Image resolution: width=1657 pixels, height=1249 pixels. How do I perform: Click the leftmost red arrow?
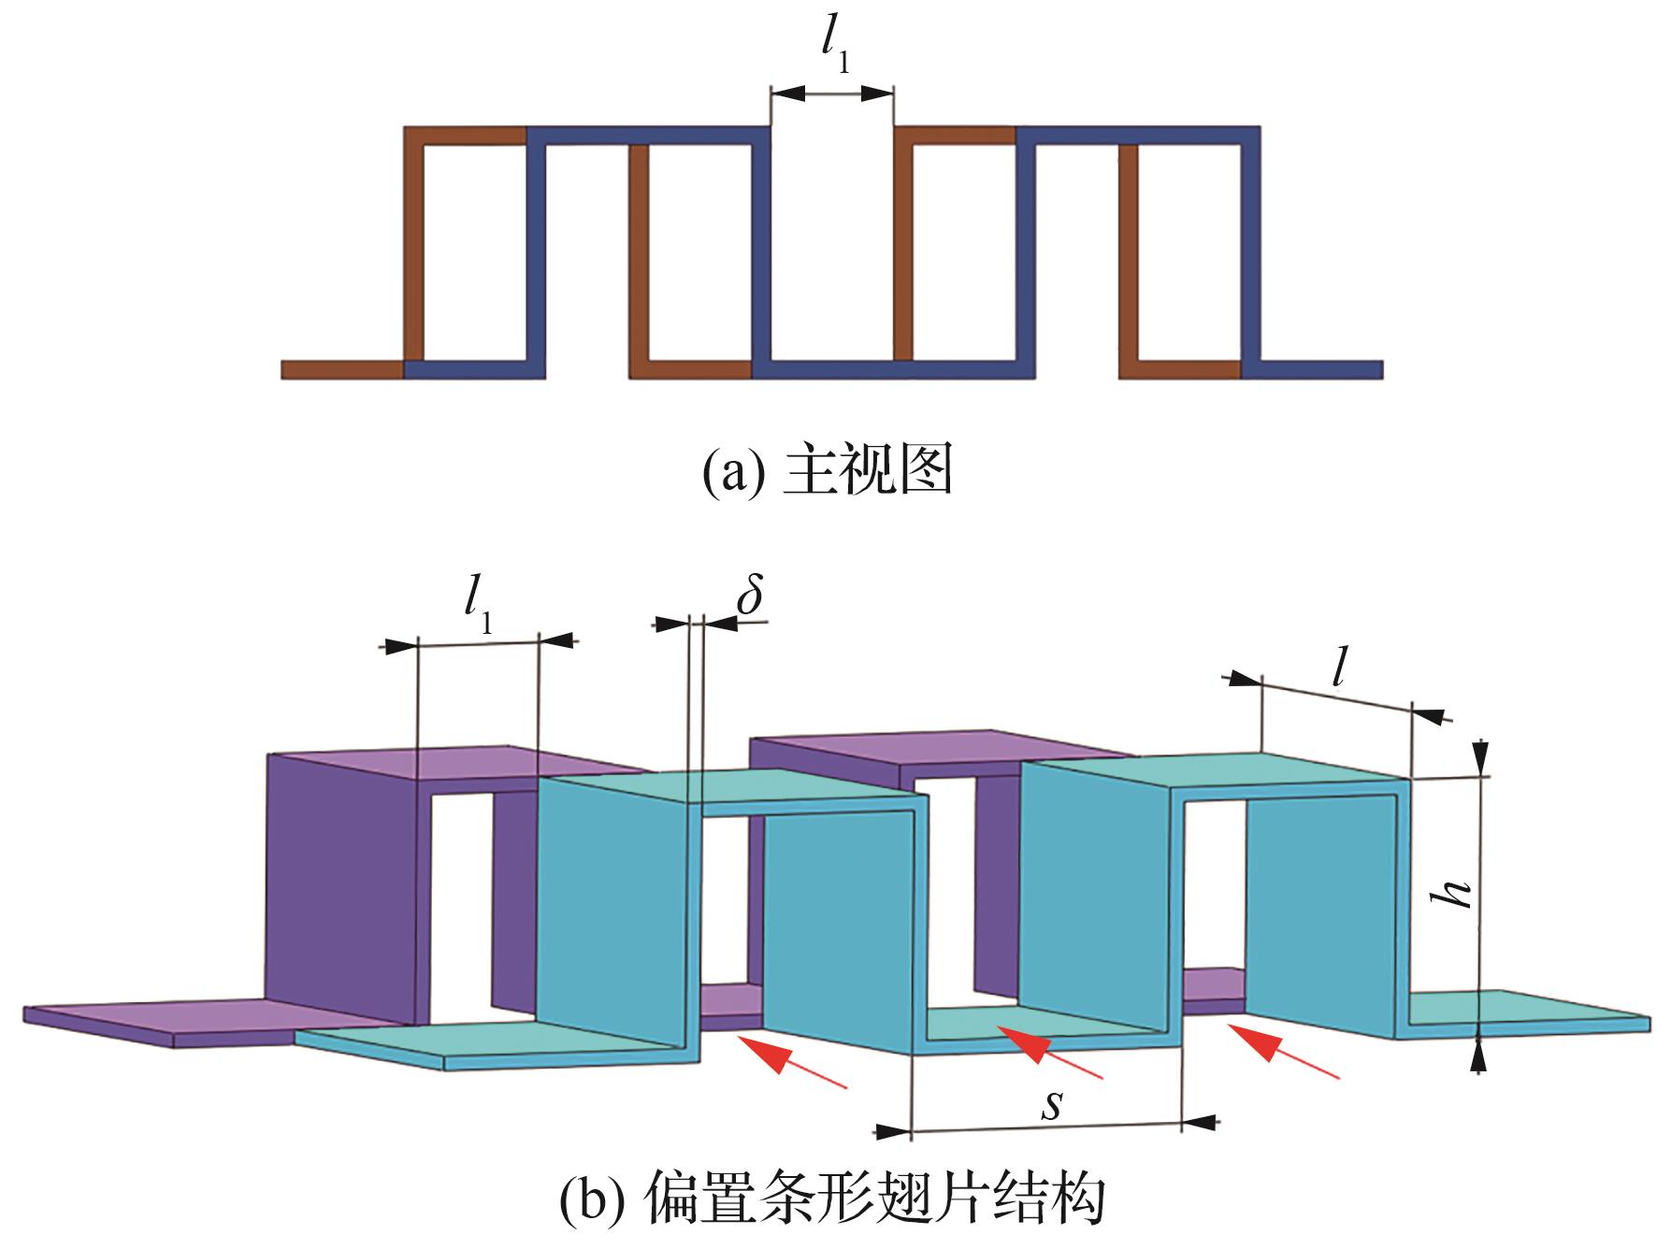pos(791,1059)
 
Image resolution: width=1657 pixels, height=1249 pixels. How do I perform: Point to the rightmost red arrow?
pos(1284,1052)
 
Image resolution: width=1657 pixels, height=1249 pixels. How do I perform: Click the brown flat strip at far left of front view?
pos(342,368)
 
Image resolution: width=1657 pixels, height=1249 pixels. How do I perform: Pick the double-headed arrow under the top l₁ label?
pos(832,92)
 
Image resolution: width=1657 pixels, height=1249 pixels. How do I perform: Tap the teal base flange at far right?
pos(1524,1013)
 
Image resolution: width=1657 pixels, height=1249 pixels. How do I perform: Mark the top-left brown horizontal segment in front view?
pos(465,135)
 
